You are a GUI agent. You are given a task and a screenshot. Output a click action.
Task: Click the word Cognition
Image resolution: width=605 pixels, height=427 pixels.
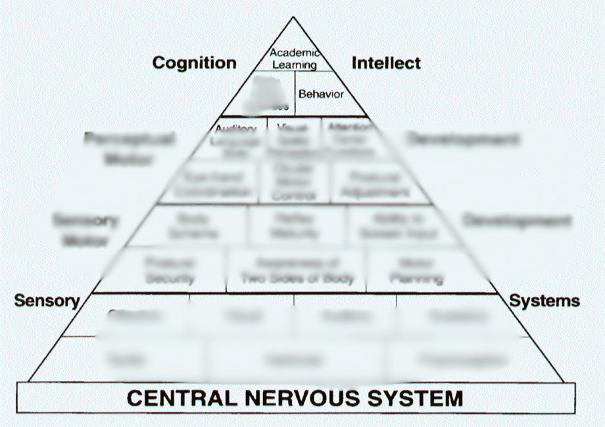point(194,63)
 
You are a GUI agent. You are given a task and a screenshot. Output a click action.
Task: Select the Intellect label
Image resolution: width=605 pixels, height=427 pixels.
point(386,63)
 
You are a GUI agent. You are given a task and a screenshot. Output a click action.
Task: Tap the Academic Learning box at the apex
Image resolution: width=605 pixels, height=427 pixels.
point(295,59)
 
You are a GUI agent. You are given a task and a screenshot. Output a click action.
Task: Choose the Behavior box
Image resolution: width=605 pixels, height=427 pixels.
point(321,94)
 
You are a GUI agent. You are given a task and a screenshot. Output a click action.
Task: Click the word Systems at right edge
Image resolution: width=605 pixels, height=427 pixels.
point(544,301)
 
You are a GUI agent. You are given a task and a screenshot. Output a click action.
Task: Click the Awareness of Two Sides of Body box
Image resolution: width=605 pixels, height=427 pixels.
point(297,270)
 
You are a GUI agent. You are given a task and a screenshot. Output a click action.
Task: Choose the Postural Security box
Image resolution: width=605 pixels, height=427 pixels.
point(170,270)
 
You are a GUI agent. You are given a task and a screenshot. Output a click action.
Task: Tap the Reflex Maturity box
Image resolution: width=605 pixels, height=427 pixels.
point(296,226)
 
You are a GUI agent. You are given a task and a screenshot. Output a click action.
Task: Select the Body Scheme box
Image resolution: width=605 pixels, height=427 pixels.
point(193,226)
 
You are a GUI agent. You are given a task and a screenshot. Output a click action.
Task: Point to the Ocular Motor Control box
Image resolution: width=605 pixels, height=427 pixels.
point(293,182)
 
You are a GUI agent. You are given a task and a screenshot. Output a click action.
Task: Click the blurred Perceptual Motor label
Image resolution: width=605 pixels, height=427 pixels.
point(129,149)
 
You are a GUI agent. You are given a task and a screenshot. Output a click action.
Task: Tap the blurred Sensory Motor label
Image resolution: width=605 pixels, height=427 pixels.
point(85,230)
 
